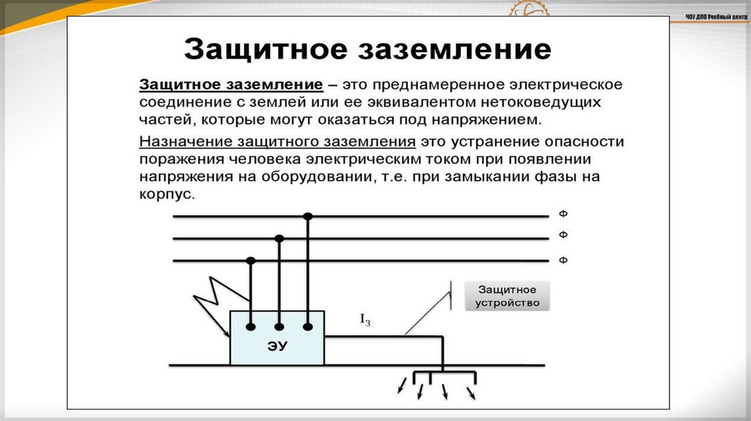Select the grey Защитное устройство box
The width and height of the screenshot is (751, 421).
coord(507,296)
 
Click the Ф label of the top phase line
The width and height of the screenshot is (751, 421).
coord(563,214)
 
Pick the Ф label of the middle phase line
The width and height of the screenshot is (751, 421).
coord(563,235)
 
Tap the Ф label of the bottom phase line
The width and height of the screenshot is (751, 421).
coord(563,260)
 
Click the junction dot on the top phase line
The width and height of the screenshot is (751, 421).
coord(308,216)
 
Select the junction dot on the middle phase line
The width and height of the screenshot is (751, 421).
coord(279,238)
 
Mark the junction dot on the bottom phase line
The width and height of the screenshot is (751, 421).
coord(251,260)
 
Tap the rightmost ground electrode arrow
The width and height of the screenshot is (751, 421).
coord(472,394)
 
